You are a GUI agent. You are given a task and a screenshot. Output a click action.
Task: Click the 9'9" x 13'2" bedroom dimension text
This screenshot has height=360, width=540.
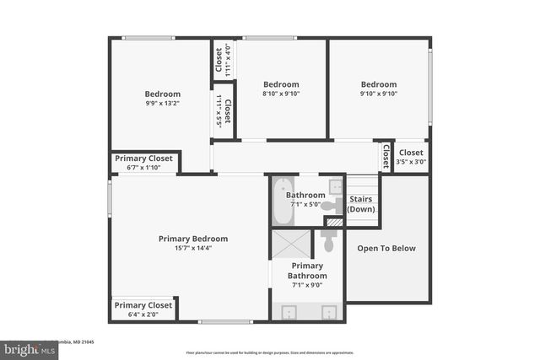pyautogui.click(x=162, y=104)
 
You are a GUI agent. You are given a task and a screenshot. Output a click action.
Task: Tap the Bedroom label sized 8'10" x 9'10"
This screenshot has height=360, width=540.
pyautogui.click(x=281, y=84)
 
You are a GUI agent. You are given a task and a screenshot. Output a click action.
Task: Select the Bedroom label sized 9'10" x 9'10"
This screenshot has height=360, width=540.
pyautogui.click(x=379, y=84)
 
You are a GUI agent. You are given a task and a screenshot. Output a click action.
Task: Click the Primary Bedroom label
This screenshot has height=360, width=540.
pyautogui.click(x=193, y=239)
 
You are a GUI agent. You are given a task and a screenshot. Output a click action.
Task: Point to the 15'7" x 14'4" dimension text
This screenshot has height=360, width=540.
pyautogui.click(x=193, y=249)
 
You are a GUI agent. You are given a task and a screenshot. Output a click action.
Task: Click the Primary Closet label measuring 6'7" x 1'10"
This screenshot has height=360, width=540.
pyautogui.click(x=143, y=159)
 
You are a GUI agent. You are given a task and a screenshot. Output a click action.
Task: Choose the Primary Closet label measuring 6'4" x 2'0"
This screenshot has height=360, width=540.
pyautogui.click(x=143, y=305)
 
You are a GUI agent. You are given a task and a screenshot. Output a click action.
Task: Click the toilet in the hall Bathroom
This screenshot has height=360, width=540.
pyautogui.click(x=331, y=205)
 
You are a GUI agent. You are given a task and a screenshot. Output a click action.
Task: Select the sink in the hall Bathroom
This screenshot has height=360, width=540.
pyautogui.click(x=335, y=186)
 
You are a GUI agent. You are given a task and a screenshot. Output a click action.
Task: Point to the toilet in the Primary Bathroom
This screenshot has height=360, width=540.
pyautogui.click(x=329, y=242)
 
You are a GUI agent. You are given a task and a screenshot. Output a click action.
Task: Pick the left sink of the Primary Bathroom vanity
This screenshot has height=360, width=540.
pyautogui.click(x=289, y=313)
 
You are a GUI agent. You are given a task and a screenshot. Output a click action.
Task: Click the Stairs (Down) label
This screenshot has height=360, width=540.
pyautogui.click(x=361, y=204)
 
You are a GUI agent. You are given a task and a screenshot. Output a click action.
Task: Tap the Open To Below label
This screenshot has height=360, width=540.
pyautogui.click(x=386, y=248)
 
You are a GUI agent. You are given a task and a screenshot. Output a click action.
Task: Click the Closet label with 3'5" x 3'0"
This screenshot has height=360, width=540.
pyautogui.click(x=412, y=153)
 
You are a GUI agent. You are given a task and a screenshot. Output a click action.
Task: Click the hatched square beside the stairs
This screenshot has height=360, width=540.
pyautogui.click(x=335, y=222)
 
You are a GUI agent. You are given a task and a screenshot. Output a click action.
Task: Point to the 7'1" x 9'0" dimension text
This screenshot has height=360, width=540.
pyautogui.click(x=307, y=285)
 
